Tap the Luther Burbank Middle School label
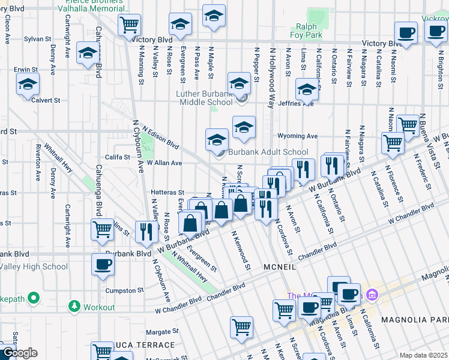click(204, 98)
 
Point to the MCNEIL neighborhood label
click(279, 265)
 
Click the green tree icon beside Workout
click(74, 307)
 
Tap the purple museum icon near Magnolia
click(372, 295)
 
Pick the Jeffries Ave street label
click(295, 103)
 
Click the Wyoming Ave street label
click(297, 136)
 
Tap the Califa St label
click(118, 157)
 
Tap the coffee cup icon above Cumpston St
click(102, 265)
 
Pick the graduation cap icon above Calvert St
click(27, 86)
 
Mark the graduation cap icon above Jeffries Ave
click(307, 90)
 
